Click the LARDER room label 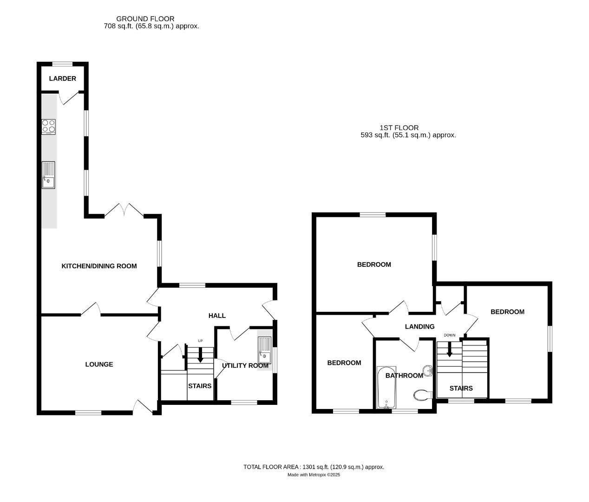tap(62, 79)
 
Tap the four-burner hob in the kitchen tap(48, 126)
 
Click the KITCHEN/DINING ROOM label tap(99, 266)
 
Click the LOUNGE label tap(99, 364)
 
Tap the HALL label tap(217, 316)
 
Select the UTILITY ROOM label tap(245, 366)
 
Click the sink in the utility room tap(265, 350)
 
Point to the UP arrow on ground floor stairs tap(200, 356)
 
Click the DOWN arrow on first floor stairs tap(449, 349)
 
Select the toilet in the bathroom tap(422, 395)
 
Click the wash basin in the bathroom tap(428, 370)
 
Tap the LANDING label tap(419, 327)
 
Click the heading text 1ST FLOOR tap(399, 128)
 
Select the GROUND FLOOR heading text tap(145, 19)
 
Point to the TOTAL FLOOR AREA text tap(314, 467)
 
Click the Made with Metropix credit tap(314, 475)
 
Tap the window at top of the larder tap(62, 64)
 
